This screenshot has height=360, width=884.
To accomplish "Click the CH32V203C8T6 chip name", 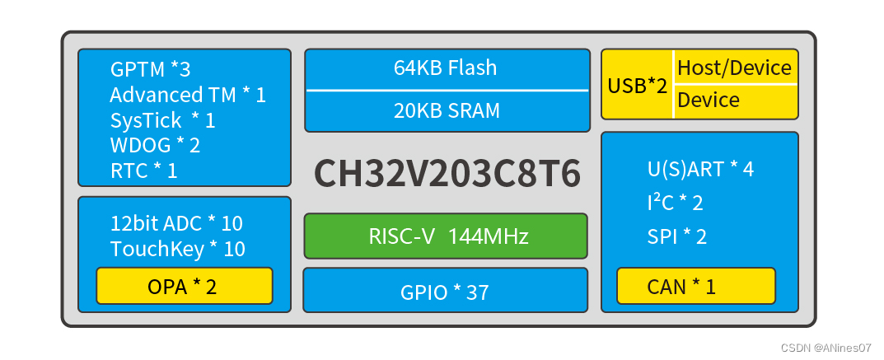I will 447,174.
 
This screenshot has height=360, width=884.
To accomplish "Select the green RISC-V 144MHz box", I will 446,236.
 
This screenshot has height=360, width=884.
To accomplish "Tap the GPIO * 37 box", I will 446,291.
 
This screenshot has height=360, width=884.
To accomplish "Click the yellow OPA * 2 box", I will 184,286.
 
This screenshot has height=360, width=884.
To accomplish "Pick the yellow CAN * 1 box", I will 695,286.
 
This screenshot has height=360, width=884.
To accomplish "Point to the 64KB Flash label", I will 446,68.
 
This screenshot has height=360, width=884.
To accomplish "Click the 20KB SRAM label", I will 446,110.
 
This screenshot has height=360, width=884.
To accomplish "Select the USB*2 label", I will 637,85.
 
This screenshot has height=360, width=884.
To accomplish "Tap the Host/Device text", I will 734,68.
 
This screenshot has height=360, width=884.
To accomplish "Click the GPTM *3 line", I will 150,69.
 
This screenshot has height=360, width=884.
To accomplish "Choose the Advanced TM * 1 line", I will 188,95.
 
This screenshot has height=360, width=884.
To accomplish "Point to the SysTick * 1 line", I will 162,120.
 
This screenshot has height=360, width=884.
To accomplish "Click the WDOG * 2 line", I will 155,146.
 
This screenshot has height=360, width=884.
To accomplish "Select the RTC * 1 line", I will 143,171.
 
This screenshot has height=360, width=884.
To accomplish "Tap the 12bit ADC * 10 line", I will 176,223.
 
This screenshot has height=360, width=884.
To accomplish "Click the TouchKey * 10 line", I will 178,249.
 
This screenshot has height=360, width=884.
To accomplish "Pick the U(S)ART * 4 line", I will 700,169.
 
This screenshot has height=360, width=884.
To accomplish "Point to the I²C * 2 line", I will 675,203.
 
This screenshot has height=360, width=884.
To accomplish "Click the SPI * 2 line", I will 676,236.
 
